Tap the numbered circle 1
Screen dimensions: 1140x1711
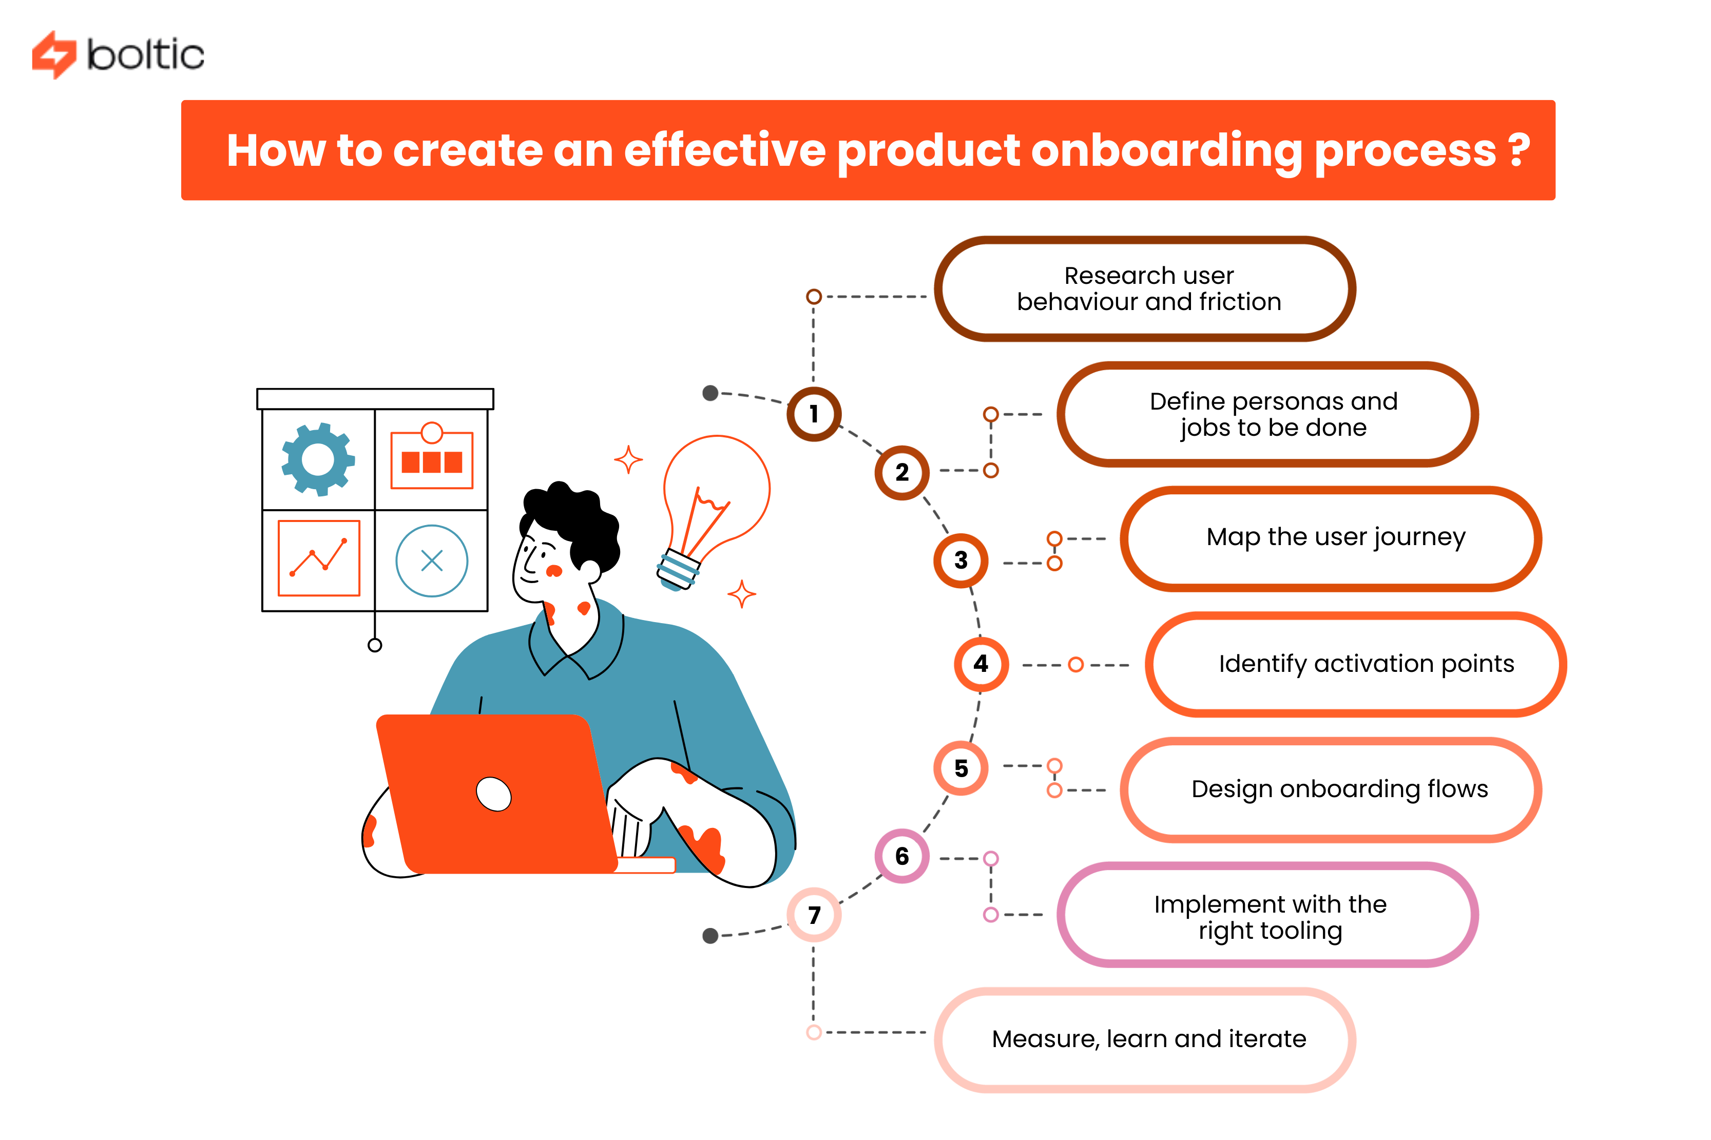(814, 414)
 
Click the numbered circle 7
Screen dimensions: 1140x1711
(814, 915)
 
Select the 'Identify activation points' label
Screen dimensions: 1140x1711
(1366, 664)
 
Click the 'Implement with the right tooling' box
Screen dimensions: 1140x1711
(1269, 916)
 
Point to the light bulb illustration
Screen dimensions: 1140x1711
(714, 501)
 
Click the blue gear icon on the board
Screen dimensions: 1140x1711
(318, 459)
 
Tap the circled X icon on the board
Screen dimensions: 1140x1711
(431, 561)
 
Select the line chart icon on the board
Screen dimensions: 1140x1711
(318, 557)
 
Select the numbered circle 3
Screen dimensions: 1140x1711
(960, 560)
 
